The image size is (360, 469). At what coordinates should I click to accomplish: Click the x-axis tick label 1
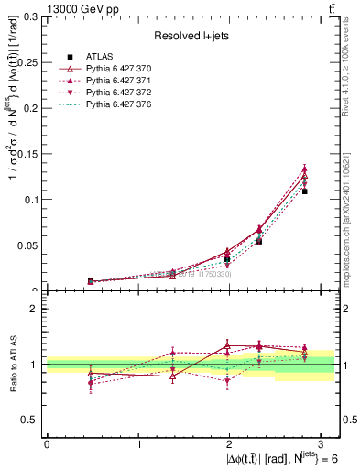point(138,444)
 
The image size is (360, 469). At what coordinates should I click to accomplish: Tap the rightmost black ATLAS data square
point(305,191)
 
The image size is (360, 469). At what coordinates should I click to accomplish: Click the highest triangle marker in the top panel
point(305,169)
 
